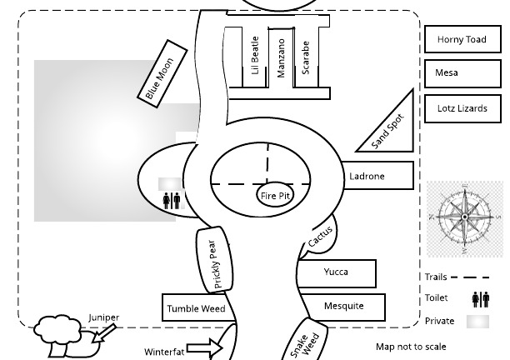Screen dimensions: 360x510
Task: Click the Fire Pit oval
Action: [275, 196]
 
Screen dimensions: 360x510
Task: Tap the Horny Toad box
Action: [462, 39]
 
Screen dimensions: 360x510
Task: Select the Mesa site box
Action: [462, 73]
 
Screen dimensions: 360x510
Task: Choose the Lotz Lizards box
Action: [462, 108]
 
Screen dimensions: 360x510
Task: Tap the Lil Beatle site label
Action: [255, 55]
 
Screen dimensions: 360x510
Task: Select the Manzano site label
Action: [281, 57]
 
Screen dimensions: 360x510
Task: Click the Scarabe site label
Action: [306, 57]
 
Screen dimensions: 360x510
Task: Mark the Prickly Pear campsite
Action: [212, 259]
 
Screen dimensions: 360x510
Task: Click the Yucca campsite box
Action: [337, 272]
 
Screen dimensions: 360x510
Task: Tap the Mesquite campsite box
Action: [343, 307]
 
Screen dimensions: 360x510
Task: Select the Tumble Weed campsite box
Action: [196, 308]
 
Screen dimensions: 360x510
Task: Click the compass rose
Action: [464, 216]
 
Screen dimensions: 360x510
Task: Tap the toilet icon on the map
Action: [172, 200]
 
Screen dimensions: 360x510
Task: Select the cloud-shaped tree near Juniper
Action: [57, 330]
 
